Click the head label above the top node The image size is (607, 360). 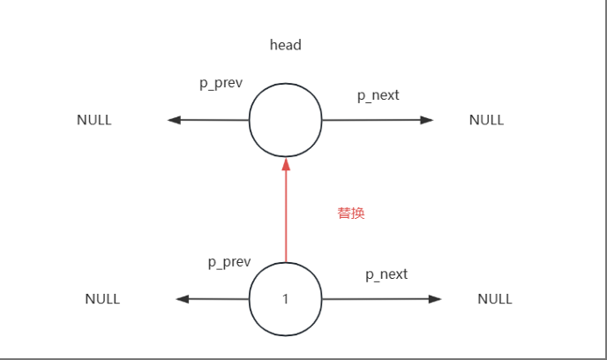click(x=285, y=44)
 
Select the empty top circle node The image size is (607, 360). click(x=285, y=121)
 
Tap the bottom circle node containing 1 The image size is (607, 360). click(x=285, y=299)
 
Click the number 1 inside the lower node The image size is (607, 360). click(x=285, y=299)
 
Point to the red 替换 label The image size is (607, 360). click(x=351, y=213)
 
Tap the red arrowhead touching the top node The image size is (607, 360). click(x=285, y=165)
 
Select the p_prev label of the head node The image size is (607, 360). click(x=221, y=83)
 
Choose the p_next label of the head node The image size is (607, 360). click(x=378, y=94)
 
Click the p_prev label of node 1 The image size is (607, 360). click(x=229, y=262)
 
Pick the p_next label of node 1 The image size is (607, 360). click(x=386, y=274)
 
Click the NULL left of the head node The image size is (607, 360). click(x=94, y=120)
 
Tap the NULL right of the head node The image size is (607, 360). click(x=486, y=120)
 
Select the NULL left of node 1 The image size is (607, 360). click(x=102, y=299)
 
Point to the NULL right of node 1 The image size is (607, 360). click(x=495, y=299)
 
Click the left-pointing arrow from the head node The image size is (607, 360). click(x=208, y=120)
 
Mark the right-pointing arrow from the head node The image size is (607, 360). click(x=378, y=120)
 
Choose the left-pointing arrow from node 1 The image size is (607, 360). click(x=214, y=299)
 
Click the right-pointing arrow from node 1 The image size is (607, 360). click(x=381, y=299)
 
